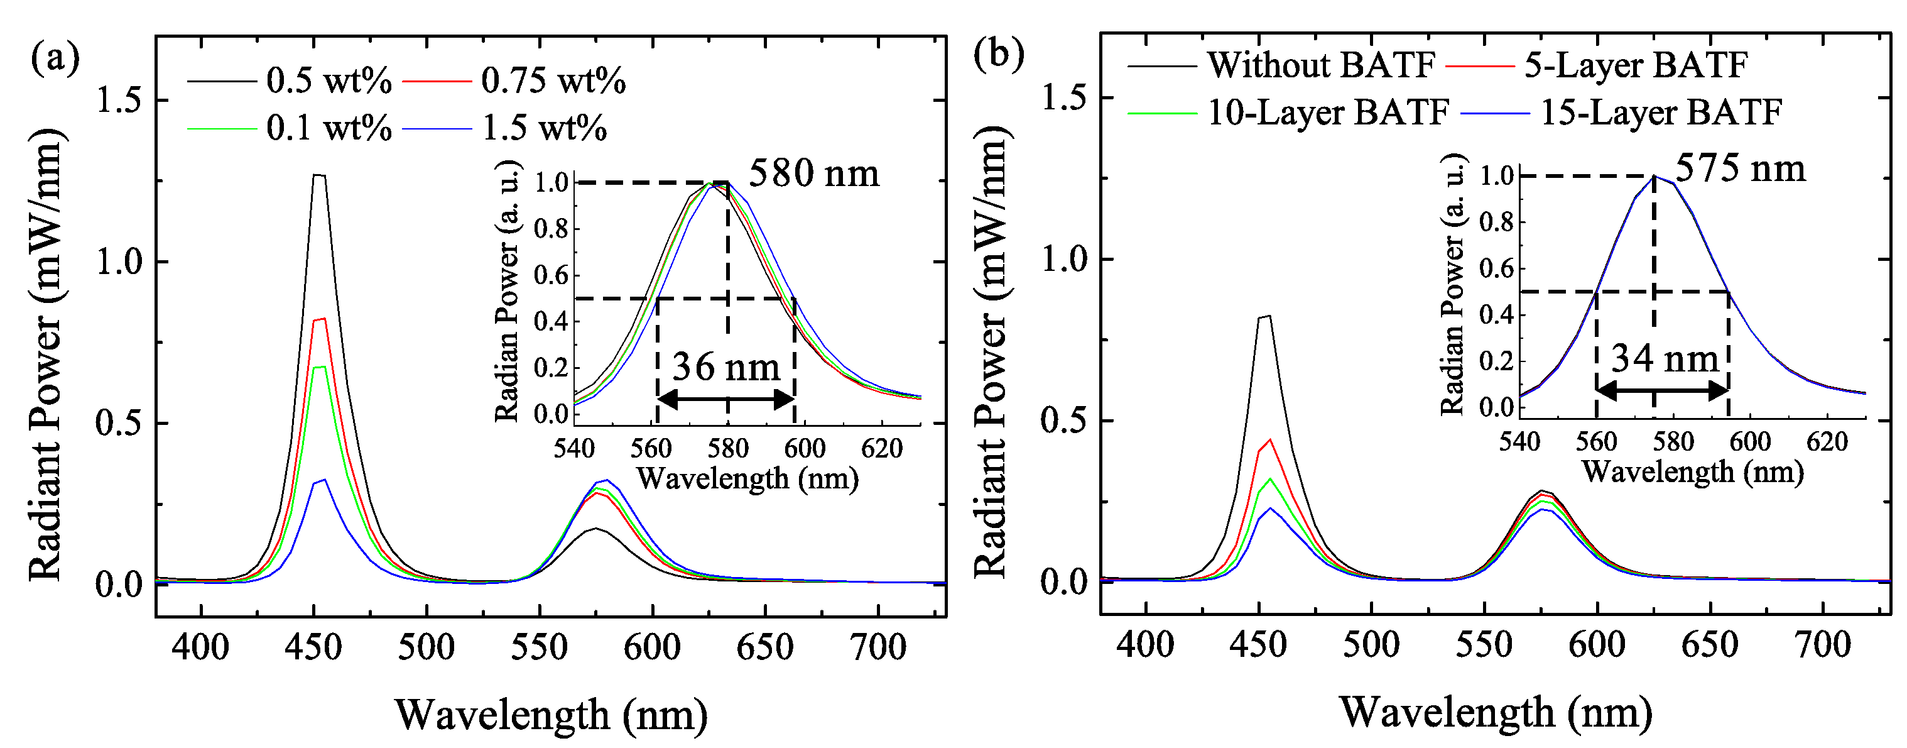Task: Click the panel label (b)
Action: [999, 55]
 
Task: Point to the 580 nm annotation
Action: [813, 174]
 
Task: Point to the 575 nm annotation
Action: [1740, 169]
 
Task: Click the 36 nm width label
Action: [726, 367]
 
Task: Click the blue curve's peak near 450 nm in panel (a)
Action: [323, 480]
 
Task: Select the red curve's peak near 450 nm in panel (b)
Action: [1269, 440]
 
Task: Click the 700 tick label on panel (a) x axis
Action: [878, 647]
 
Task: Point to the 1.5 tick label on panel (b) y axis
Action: [1064, 98]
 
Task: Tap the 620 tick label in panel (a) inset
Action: [882, 449]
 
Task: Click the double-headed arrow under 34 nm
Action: [1662, 390]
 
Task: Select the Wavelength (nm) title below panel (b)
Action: [1496, 712]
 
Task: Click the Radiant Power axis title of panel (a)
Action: [46, 356]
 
